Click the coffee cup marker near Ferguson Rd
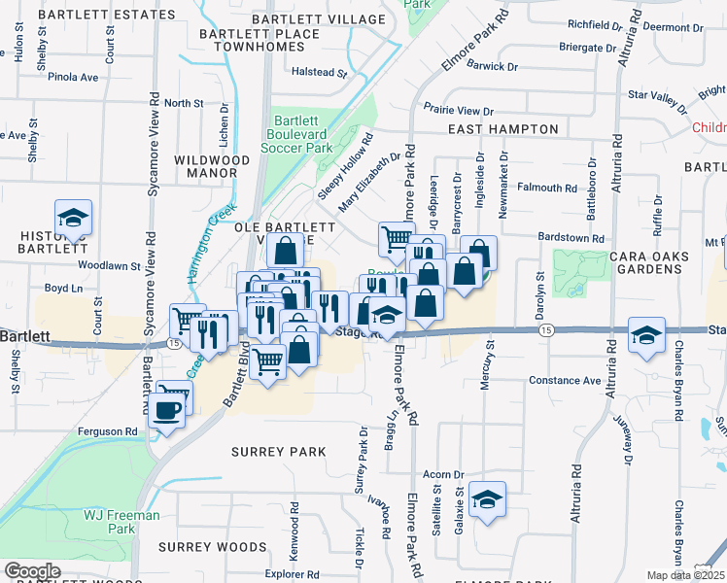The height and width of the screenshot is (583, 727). click(168, 411)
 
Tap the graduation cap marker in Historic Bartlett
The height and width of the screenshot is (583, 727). click(73, 219)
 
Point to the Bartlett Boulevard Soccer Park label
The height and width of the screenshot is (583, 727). click(297, 134)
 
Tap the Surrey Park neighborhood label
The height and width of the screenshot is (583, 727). click(277, 452)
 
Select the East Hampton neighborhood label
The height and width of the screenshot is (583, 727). click(502, 129)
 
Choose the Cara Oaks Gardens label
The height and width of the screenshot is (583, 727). click(650, 263)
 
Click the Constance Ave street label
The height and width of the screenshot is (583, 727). click(566, 380)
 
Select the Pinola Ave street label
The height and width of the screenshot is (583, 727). click(77, 77)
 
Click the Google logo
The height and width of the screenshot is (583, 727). click(32, 571)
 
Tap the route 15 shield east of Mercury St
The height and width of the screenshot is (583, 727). click(547, 331)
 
